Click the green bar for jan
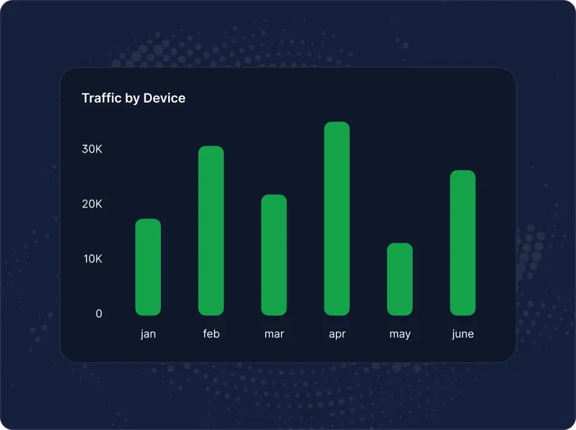point(148,267)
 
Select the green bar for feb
point(211,231)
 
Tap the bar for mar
point(274,255)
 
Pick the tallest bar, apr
point(337,218)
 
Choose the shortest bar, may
point(400,279)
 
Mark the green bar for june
point(463,243)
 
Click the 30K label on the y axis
point(92,149)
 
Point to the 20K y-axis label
point(92,204)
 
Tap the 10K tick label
point(92,259)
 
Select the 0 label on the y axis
point(99,314)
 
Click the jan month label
point(148,334)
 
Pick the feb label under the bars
point(211,334)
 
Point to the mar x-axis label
point(274,334)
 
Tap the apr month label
point(337,334)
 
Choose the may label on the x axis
point(400,334)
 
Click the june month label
point(463,334)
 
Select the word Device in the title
point(165,98)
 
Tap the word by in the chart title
point(132,98)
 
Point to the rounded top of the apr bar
point(337,125)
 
